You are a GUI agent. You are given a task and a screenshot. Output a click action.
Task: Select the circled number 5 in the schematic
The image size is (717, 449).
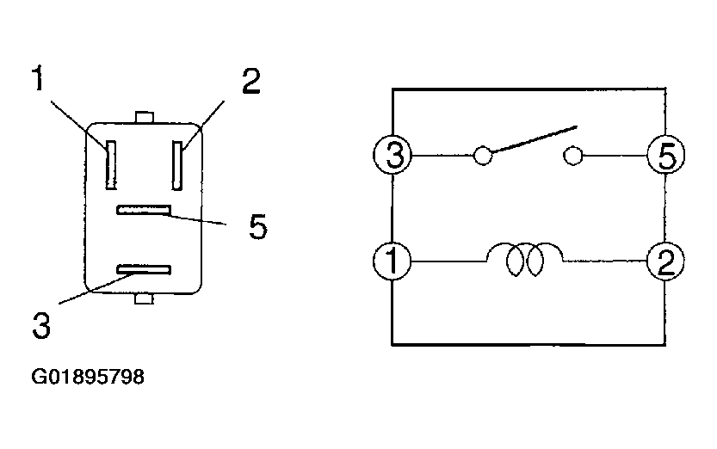coord(666,157)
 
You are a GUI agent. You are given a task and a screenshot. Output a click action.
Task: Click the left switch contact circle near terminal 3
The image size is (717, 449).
coord(483,157)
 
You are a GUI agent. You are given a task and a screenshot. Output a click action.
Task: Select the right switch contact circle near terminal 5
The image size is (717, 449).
coord(572,156)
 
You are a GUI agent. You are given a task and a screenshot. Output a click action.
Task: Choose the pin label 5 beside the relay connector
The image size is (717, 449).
coord(257,227)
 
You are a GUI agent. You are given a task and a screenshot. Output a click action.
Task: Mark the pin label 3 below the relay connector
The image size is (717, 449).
coord(40,325)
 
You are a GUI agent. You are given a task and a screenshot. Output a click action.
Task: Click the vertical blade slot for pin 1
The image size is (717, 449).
coord(109,165)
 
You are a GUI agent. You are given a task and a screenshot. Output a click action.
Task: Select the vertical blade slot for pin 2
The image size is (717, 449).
coord(177,165)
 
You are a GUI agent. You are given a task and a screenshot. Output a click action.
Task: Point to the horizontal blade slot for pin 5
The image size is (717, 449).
coord(145,210)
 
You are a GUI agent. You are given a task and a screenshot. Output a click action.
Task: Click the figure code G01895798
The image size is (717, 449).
coord(87,376)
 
